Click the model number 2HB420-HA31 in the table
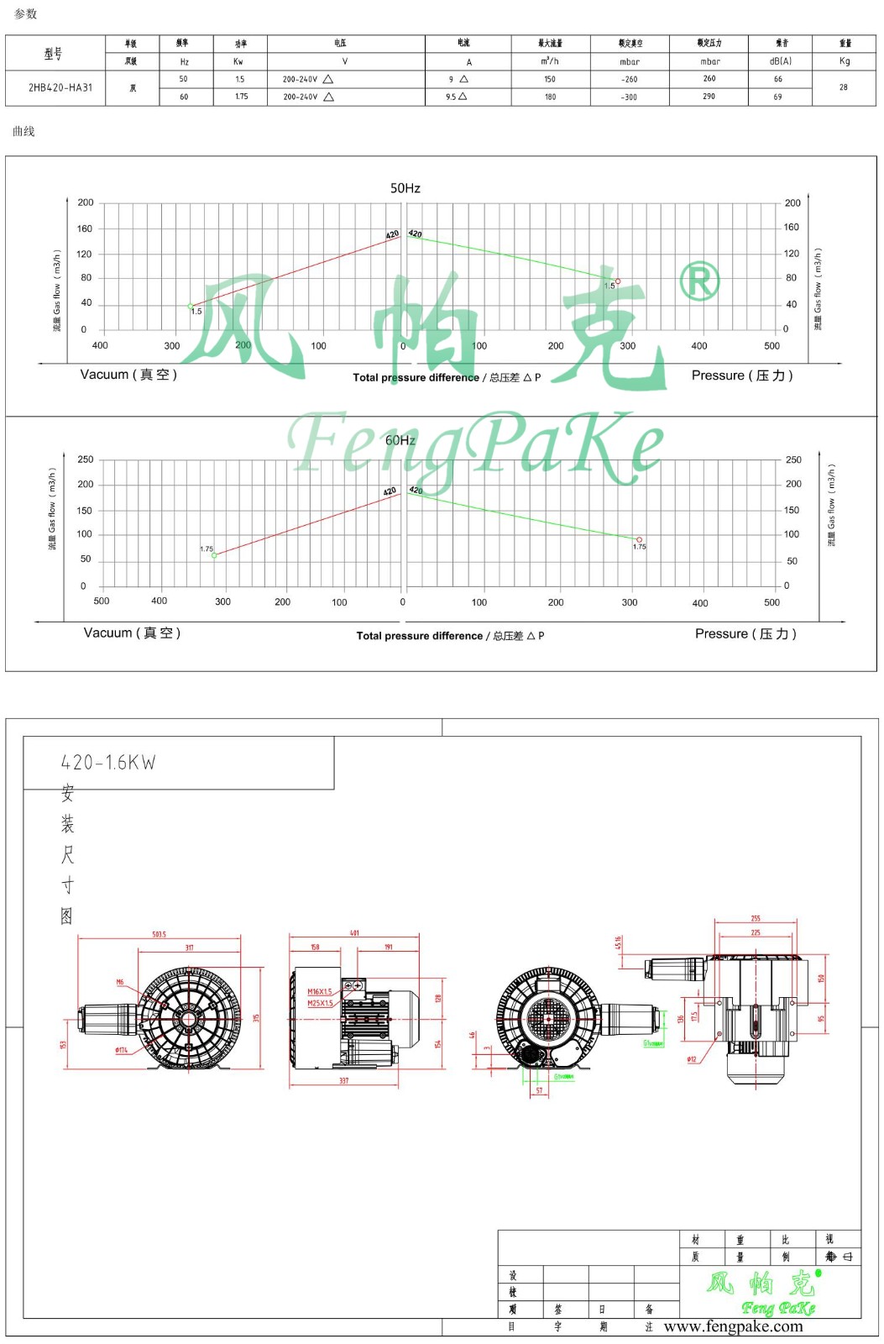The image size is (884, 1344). pyautogui.click(x=60, y=87)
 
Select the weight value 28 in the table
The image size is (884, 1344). pyautogui.click(x=843, y=87)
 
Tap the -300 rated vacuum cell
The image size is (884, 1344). pyautogui.click(x=629, y=97)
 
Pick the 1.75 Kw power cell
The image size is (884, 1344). pyautogui.click(x=241, y=97)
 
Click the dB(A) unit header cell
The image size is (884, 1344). pyautogui.click(x=780, y=61)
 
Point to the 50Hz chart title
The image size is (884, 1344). pyautogui.click(x=405, y=188)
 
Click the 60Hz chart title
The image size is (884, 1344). pyautogui.click(x=400, y=440)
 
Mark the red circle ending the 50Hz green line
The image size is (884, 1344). pyautogui.click(x=618, y=281)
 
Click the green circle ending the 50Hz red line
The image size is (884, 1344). pyautogui.click(x=191, y=306)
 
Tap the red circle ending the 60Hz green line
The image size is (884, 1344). pyautogui.click(x=639, y=540)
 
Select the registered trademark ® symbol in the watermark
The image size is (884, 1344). pyautogui.click(x=698, y=281)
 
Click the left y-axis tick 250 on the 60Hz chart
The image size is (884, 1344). pyautogui.click(x=86, y=459)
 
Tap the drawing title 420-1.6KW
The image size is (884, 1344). pyautogui.click(x=108, y=763)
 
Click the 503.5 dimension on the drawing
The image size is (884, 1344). pyautogui.click(x=159, y=934)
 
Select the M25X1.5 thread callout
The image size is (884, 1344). pyautogui.click(x=320, y=1003)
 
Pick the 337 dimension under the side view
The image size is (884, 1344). pyautogui.click(x=343, y=1081)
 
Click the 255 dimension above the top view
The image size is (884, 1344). pyautogui.click(x=756, y=919)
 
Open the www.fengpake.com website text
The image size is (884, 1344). pyautogui.click(x=733, y=1327)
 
